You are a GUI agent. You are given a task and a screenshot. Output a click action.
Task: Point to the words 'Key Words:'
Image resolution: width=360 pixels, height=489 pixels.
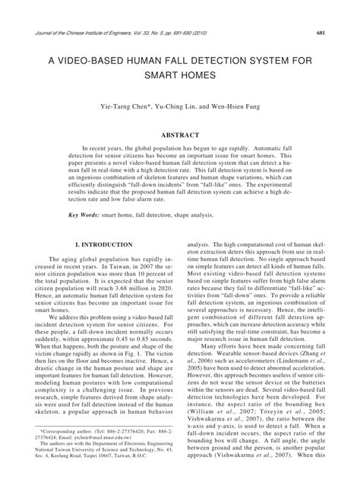(84, 216)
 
